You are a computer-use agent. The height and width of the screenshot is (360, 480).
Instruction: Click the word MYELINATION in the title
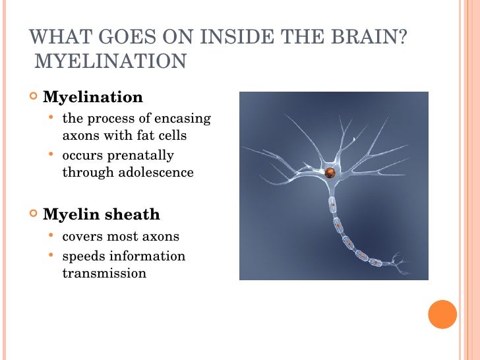(x=110, y=62)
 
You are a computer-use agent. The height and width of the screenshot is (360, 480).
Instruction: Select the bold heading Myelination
(x=92, y=98)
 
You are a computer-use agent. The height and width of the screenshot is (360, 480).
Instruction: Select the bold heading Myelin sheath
(x=101, y=214)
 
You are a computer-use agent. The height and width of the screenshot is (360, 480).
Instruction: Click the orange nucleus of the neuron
(x=330, y=173)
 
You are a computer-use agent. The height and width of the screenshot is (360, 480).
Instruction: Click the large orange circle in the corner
(x=442, y=314)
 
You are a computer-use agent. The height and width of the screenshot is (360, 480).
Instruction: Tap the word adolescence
(x=157, y=173)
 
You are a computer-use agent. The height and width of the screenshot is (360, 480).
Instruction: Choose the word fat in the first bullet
(x=142, y=136)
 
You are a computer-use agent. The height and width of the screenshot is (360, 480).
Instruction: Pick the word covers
(x=82, y=236)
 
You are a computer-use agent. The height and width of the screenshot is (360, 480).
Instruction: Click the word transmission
(x=104, y=273)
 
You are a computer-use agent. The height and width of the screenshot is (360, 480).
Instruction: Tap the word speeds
(x=82, y=256)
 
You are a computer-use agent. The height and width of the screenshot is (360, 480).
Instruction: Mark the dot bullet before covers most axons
(x=51, y=236)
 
